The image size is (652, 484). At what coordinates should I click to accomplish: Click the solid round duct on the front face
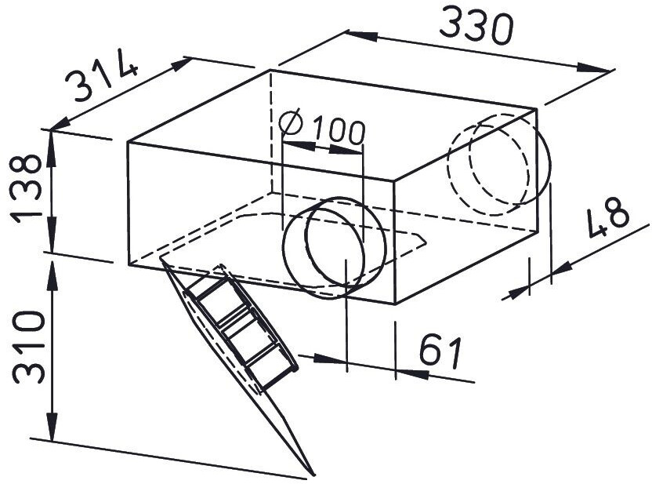(x=335, y=246)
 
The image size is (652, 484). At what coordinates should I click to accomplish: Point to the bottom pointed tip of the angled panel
(x=313, y=475)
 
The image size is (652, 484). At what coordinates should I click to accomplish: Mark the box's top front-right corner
(x=396, y=180)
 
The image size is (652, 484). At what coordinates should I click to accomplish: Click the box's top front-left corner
(x=128, y=142)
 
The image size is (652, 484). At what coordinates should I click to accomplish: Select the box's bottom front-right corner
(x=397, y=304)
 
